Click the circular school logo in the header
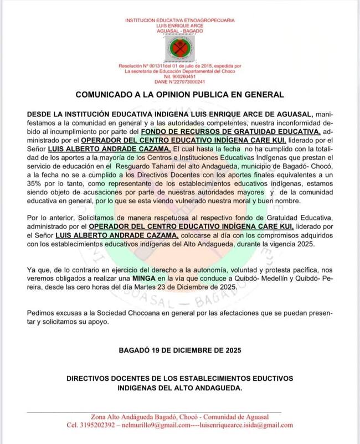179,48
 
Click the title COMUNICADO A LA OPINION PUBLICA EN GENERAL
179,95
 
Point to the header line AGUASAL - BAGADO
179,31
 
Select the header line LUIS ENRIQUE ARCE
179,25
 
